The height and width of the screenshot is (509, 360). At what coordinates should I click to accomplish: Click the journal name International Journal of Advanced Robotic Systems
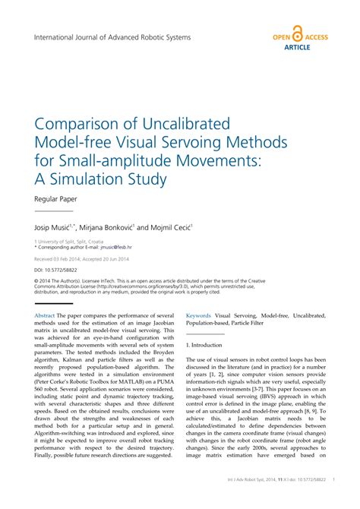(112, 36)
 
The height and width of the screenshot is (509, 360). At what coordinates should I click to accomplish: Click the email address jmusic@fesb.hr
(113, 248)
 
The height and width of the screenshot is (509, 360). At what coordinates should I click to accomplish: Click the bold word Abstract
(46, 315)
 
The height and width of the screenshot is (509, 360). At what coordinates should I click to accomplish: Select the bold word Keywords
(199, 315)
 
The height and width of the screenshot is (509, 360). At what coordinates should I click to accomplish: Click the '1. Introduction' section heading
(204, 344)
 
